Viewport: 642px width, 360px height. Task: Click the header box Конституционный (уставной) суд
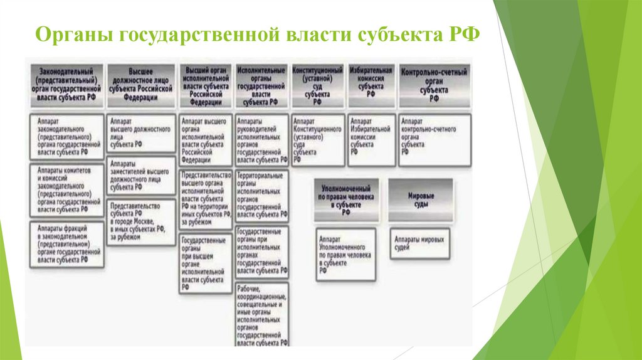pyautogui.click(x=317, y=85)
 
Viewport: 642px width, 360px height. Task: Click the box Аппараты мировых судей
pyautogui.click(x=419, y=243)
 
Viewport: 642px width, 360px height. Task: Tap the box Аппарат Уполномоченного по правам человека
pyautogui.click(x=345, y=254)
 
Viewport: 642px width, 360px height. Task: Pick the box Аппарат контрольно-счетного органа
pyautogui.click(x=433, y=139)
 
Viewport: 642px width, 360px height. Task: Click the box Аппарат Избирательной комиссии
pyautogui.click(x=371, y=139)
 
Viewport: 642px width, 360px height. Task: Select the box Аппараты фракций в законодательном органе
pyautogui.click(x=66, y=244)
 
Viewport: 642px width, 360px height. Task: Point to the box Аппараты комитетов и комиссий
pyautogui.click(x=66, y=190)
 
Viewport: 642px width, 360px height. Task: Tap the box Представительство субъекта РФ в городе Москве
pyautogui.click(x=141, y=221)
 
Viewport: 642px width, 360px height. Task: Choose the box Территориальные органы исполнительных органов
pyautogui.click(x=262, y=196)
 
